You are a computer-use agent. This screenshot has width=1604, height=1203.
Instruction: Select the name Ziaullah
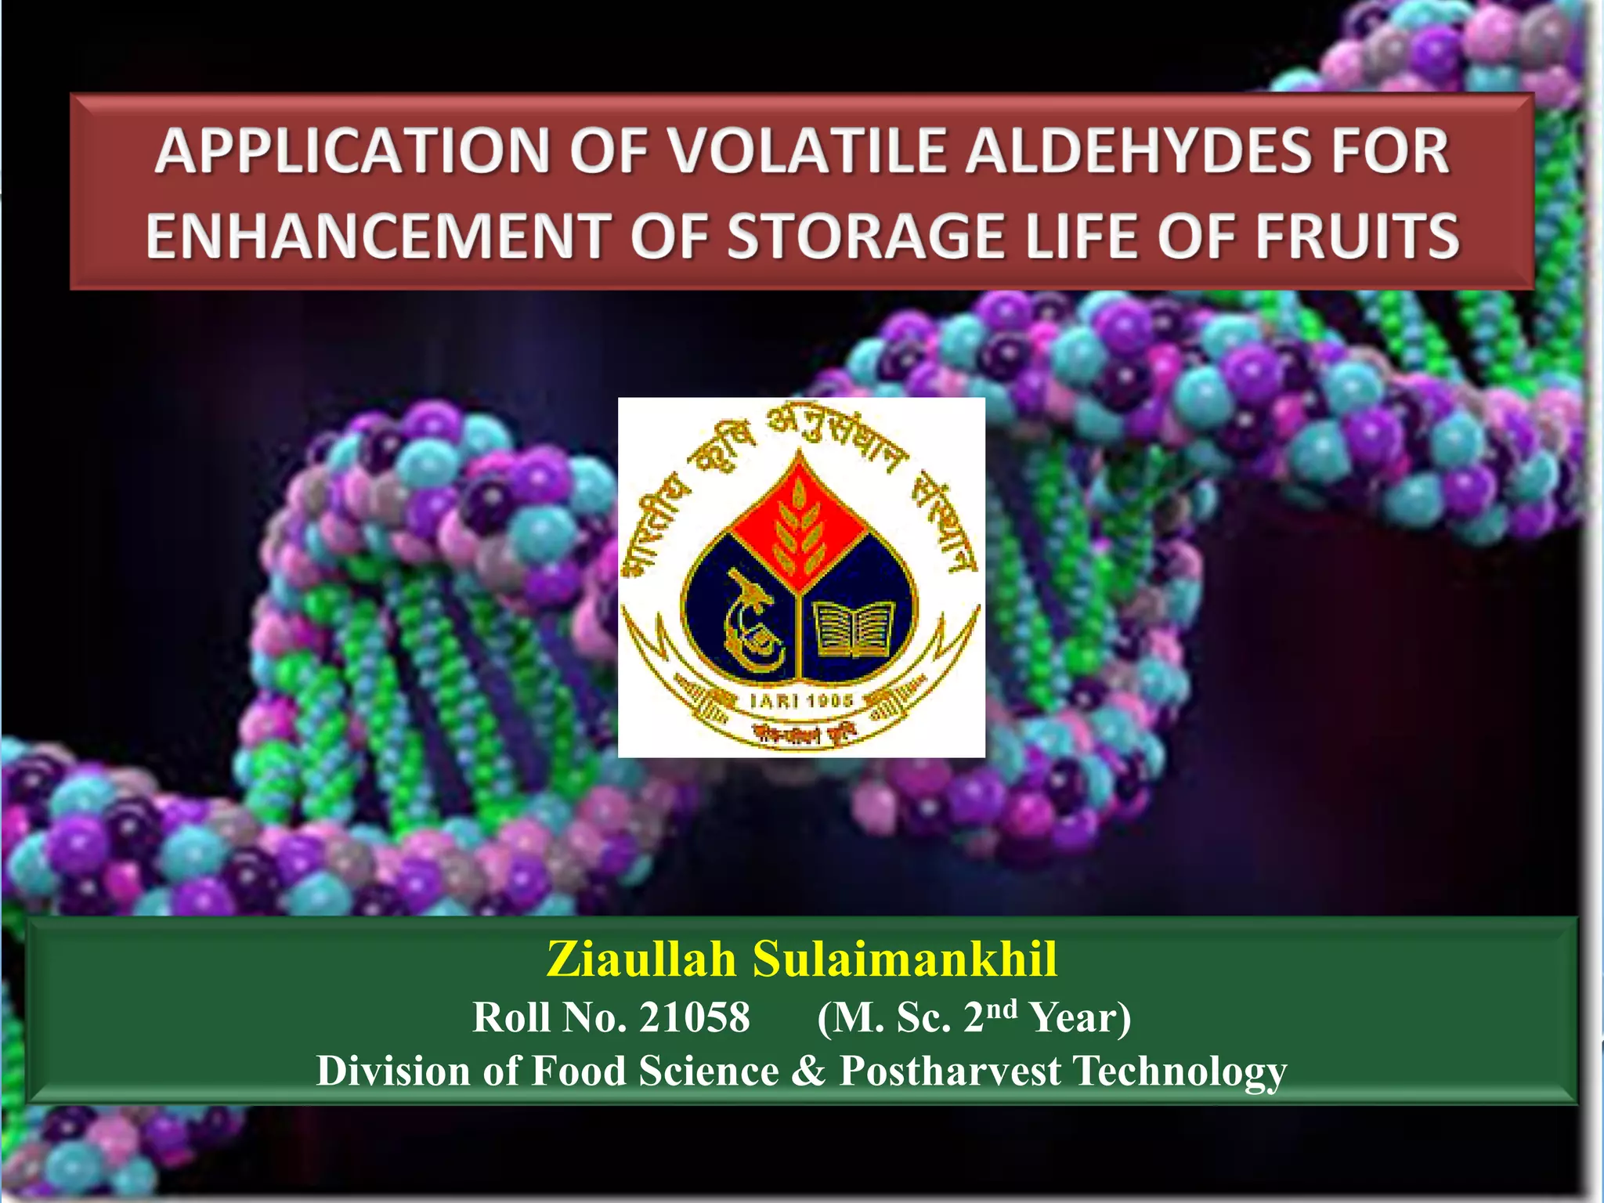point(641,959)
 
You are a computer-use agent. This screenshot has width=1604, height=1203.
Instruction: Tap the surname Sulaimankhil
point(905,959)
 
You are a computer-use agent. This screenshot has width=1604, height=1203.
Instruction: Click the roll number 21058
point(694,1017)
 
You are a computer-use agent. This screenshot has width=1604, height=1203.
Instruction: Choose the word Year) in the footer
point(1081,1017)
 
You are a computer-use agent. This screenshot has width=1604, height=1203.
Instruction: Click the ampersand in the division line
point(808,1071)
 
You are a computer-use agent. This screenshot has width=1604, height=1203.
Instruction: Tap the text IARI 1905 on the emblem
point(800,700)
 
